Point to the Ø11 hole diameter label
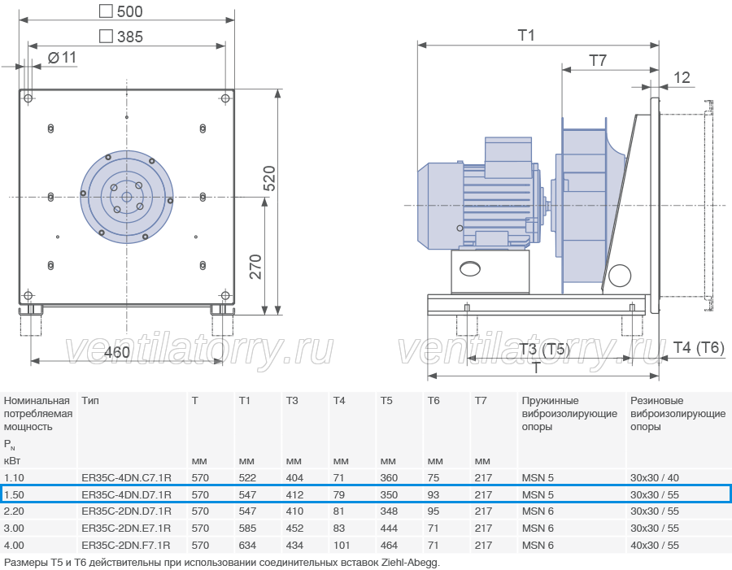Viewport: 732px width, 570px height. pyautogui.click(x=62, y=58)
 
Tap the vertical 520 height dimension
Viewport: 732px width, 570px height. pyautogui.click(x=269, y=178)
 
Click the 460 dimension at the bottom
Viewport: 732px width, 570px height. pyautogui.click(x=116, y=352)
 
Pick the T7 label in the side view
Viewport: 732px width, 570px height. pyautogui.click(x=598, y=60)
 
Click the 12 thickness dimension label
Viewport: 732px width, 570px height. pyautogui.click(x=682, y=77)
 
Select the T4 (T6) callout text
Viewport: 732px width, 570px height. pyautogui.click(x=699, y=348)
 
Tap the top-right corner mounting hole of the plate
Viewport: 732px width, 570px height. pyautogui.click(x=225, y=98)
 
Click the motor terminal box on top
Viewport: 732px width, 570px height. pyautogui.click(x=508, y=157)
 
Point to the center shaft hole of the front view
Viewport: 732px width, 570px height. pyautogui.click(x=127, y=197)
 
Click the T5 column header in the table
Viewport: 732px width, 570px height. pyautogui.click(x=386, y=401)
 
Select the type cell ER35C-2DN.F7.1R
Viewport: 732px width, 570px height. pyautogui.click(x=126, y=546)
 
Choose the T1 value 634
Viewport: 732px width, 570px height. pyautogui.click(x=247, y=546)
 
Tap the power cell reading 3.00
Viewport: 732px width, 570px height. pyautogui.click(x=14, y=529)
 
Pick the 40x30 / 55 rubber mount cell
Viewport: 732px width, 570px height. pyautogui.click(x=655, y=546)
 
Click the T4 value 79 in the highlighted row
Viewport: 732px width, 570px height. pyautogui.click(x=339, y=495)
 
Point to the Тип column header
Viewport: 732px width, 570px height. pyautogui.click(x=90, y=401)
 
